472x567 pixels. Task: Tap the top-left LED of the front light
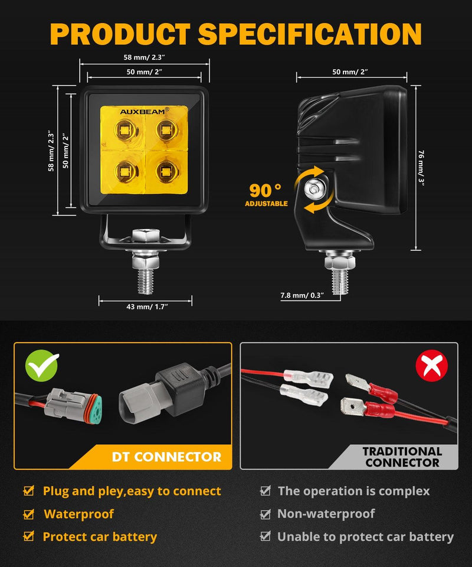124,129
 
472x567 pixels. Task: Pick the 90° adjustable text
266,194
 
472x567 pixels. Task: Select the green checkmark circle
42,366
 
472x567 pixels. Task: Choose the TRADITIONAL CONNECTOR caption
402,457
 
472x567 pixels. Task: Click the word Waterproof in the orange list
78,514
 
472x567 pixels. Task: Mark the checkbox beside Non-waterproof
265,514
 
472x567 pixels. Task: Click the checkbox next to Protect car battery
28,537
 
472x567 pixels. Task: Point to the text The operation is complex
353,491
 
